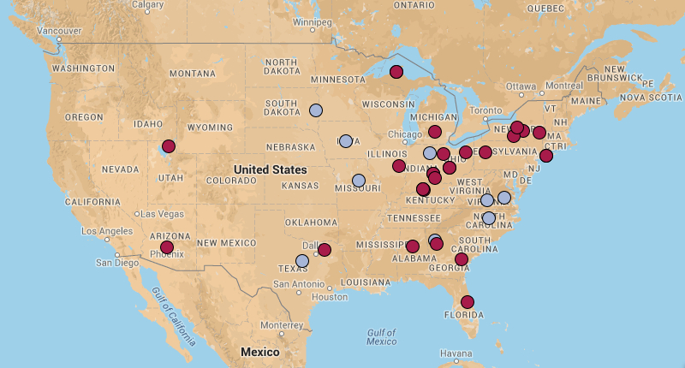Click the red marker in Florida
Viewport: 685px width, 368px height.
[x=468, y=301]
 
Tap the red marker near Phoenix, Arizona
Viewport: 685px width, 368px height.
[x=167, y=247]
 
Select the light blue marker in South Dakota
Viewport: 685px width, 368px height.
[x=316, y=110]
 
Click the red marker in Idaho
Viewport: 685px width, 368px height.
[x=169, y=146]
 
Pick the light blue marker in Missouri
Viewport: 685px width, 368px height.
[x=359, y=181]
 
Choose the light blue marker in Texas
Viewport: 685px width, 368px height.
[x=302, y=260]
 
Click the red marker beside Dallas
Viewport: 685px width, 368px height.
[x=325, y=250]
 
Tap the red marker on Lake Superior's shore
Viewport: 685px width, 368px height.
[x=396, y=72]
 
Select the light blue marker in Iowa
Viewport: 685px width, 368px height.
[x=345, y=141]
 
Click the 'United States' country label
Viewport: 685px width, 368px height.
[x=271, y=169]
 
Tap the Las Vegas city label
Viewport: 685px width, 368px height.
[x=159, y=213]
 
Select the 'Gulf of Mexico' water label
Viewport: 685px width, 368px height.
[x=382, y=336]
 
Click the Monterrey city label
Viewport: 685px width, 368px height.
[x=282, y=325]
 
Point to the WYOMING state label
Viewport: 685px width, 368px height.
[x=210, y=127]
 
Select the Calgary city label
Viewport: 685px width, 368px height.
[x=148, y=5]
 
